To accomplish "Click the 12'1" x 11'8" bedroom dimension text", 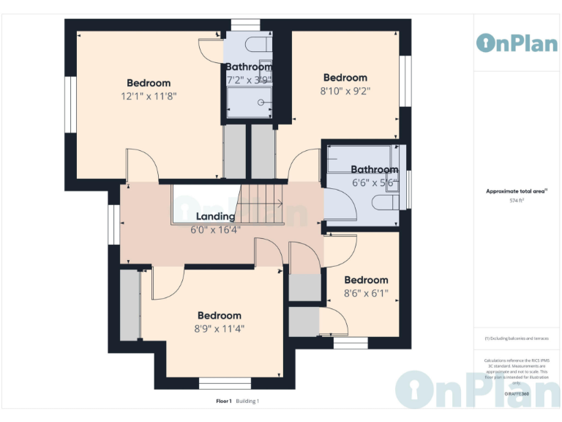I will click(x=149, y=96).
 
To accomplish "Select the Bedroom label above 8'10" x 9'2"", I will click(x=345, y=78).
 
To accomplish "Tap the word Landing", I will click(x=215, y=216).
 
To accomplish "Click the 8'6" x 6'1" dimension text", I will click(x=366, y=293).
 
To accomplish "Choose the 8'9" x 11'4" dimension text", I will click(x=219, y=329).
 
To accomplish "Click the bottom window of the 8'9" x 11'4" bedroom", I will click(x=219, y=382).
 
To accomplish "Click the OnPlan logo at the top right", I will click(x=517, y=42).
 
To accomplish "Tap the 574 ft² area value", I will click(x=517, y=199).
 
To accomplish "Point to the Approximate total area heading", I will click(x=517, y=190).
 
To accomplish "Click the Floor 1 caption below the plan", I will click(x=223, y=401).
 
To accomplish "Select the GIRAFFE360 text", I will click(x=517, y=393).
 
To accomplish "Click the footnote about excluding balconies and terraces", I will click(x=517, y=338).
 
